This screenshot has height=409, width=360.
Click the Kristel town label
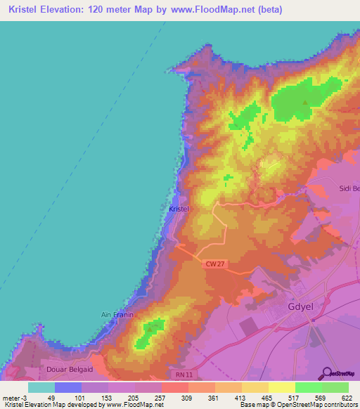click(x=179, y=209)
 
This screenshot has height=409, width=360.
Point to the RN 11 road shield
click(x=182, y=375)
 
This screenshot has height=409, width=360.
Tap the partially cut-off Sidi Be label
click(x=349, y=188)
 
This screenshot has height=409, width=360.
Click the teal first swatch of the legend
click(x=41, y=387)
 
